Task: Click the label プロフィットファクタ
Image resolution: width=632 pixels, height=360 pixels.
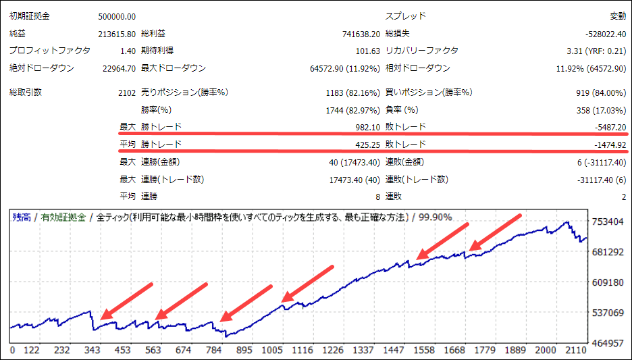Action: tap(49, 51)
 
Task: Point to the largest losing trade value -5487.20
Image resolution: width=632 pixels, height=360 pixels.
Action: tap(607, 127)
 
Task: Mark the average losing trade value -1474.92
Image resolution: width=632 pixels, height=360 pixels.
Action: tap(607, 145)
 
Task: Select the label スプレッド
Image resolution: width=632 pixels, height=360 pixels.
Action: tap(405, 16)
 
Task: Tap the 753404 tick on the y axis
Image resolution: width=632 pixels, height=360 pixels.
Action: tap(606, 222)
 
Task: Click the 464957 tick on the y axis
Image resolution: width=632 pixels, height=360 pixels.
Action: tap(606, 343)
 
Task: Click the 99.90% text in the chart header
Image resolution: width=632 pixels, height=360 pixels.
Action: tap(435, 217)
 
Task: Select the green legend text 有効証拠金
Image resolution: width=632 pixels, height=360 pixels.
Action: tap(63, 217)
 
